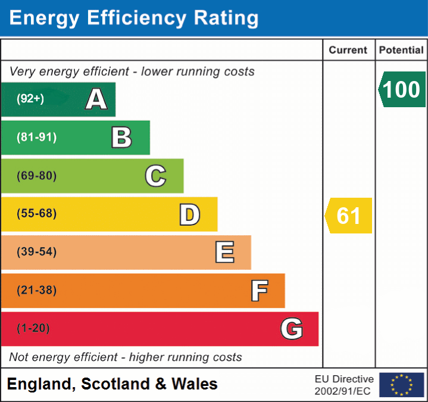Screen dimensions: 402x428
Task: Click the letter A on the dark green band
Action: (96, 99)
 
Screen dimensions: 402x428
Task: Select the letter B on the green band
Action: (121, 138)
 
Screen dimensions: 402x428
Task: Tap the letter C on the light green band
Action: (155, 176)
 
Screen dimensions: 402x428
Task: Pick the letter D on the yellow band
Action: (189, 214)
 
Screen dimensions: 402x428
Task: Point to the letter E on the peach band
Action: (224, 253)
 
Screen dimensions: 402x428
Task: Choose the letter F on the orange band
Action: (258, 291)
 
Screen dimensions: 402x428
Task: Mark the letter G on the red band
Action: (292, 329)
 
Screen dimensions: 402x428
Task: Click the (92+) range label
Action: (30, 99)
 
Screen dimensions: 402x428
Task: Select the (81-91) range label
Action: (37, 138)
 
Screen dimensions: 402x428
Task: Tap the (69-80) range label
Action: (37, 176)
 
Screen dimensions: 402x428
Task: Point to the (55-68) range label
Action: (37, 214)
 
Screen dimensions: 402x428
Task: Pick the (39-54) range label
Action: (37, 252)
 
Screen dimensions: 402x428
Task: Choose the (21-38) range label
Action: (37, 291)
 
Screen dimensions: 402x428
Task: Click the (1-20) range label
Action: (33, 328)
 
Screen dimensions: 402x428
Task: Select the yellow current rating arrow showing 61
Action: (349, 216)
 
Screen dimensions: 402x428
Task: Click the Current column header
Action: (348, 51)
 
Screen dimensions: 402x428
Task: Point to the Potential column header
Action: (401, 51)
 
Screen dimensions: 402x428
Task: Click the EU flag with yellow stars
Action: (401, 385)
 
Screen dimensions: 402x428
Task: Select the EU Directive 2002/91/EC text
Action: (344, 385)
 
